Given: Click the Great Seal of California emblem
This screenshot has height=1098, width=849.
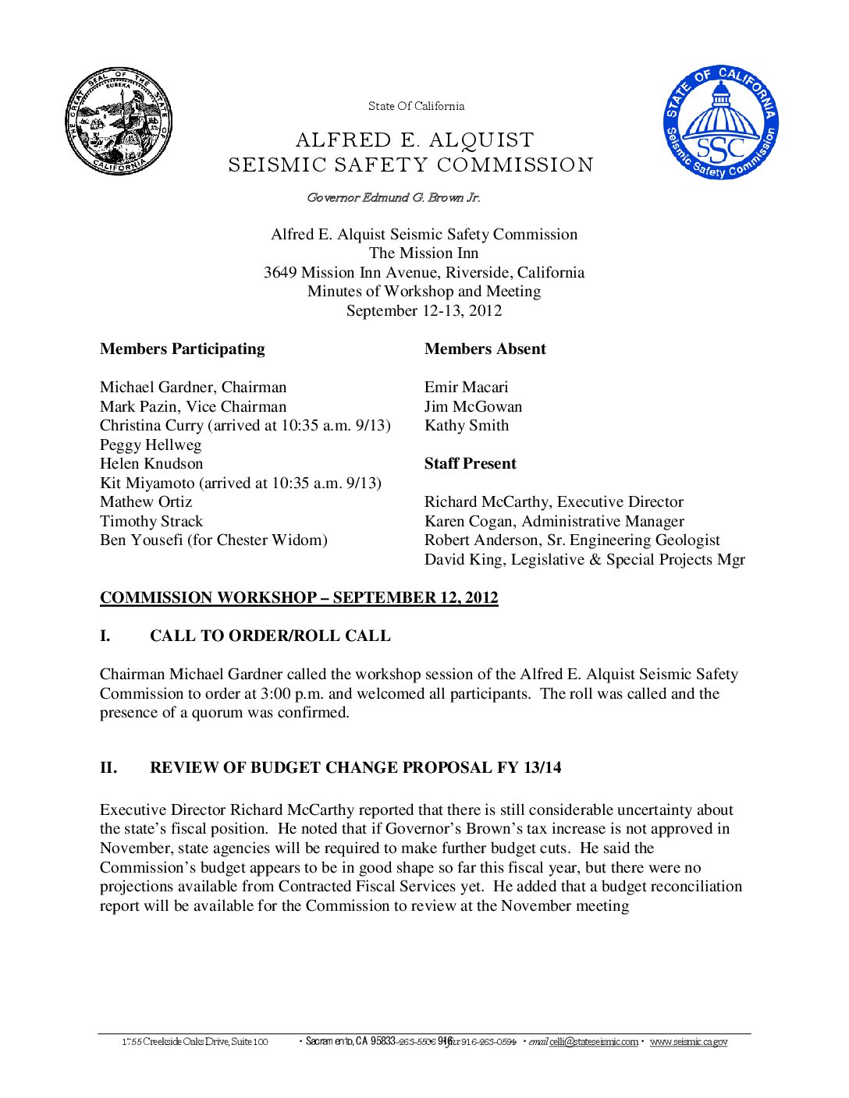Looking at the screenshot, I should pos(119,121).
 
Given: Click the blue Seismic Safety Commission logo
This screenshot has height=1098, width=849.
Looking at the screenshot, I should pos(721,122).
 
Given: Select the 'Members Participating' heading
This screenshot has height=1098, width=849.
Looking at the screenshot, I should pos(182,349).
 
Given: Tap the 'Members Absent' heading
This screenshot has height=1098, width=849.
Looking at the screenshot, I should pos(485,349).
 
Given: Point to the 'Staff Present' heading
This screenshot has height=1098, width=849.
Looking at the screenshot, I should pos(470,464).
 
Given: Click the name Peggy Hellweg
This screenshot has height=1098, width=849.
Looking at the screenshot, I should pos(151,445).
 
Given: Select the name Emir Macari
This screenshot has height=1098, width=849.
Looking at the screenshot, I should pos(466,388).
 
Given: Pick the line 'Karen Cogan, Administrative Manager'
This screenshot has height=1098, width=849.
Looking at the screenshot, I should pos(554,522).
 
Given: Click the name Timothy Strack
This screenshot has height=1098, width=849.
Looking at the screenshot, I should pos(151,522).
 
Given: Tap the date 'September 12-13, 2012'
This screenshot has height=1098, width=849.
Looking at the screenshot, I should pos(424,311).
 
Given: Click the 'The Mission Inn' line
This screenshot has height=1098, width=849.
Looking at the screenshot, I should pos(424,253).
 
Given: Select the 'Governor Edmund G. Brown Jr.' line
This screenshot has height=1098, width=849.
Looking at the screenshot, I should pos(393,198).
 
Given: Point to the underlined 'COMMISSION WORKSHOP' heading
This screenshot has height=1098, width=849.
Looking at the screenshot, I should pos(299,598).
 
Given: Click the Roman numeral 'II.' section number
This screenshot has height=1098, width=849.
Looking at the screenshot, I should pos(108,768).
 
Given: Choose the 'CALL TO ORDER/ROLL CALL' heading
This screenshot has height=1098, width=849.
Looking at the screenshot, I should pos(270,636).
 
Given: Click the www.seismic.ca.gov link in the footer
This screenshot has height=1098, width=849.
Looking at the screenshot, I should pos(688,1042).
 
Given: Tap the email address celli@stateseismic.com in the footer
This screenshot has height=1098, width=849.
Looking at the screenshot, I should pos(593,1042).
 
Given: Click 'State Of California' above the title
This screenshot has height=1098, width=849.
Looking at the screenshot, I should pos(416,106).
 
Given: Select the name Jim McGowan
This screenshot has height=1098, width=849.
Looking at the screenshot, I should pos(473,407).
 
